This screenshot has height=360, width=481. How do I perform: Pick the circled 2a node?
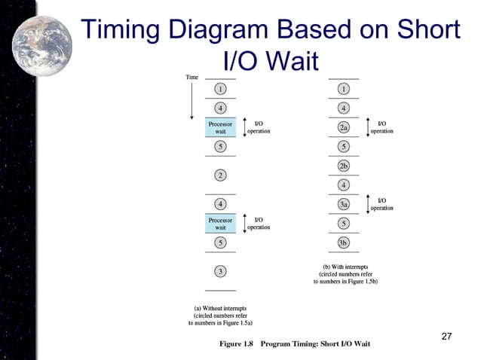[343, 127]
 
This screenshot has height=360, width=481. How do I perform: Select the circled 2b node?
[343, 166]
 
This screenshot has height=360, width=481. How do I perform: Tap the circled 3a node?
[343, 204]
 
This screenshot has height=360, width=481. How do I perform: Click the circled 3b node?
[343, 243]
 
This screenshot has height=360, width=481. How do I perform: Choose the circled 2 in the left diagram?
[220, 175]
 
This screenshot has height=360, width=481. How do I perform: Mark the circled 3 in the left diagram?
[220, 271]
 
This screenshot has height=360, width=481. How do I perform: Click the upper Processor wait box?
[220, 127]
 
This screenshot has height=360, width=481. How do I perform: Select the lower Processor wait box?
[220, 223]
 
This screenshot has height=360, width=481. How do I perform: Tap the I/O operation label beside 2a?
[381, 127]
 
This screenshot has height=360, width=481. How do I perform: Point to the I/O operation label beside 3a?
[381, 203]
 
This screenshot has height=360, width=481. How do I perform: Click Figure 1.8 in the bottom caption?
[236, 344]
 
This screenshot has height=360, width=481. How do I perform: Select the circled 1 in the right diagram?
[343, 89]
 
